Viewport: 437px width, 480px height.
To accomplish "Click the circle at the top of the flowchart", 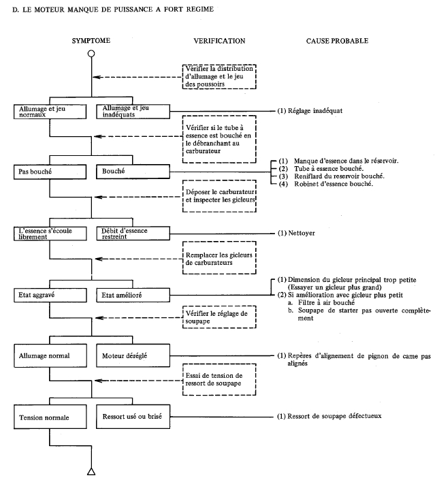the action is [x=91, y=54].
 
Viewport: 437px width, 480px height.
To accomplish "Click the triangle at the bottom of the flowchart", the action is [x=91, y=472].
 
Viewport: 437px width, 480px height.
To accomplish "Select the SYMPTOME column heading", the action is [x=91, y=41].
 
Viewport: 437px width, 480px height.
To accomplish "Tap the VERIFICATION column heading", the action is [x=219, y=41].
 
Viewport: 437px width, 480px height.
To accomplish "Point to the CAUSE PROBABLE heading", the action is [x=337, y=41].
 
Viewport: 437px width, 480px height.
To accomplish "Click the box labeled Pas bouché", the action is [x=50, y=172].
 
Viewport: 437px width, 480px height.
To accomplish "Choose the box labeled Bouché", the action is [x=133, y=172].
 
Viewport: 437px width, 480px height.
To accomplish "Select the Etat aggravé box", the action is [x=50, y=295].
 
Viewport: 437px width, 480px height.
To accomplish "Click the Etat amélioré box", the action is [x=133, y=295].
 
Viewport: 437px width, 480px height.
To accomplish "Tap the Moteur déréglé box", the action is [x=133, y=355].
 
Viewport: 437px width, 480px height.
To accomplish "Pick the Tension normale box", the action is [x=50, y=417].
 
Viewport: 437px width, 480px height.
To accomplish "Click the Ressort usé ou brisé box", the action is [x=133, y=417].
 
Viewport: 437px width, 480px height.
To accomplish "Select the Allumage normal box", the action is [x=50, y=355].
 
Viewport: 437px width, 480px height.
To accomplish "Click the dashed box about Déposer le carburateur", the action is [x=219, y=196].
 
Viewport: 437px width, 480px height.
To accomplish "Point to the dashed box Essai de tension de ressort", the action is [x=219, y=379].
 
